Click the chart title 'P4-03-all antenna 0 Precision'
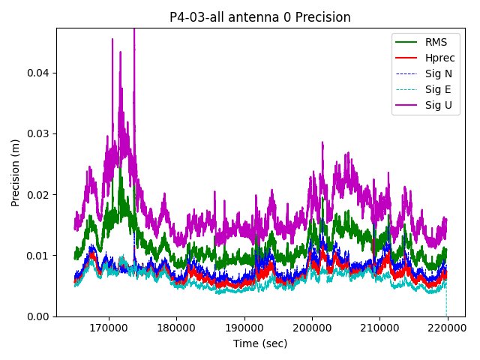260,17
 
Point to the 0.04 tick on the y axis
37,73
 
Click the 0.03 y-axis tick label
37,133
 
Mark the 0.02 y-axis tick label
37,194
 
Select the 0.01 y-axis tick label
37,256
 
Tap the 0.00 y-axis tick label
37,316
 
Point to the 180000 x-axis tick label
177,328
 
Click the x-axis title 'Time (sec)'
260,343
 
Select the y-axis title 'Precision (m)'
16,172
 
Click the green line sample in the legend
407,42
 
